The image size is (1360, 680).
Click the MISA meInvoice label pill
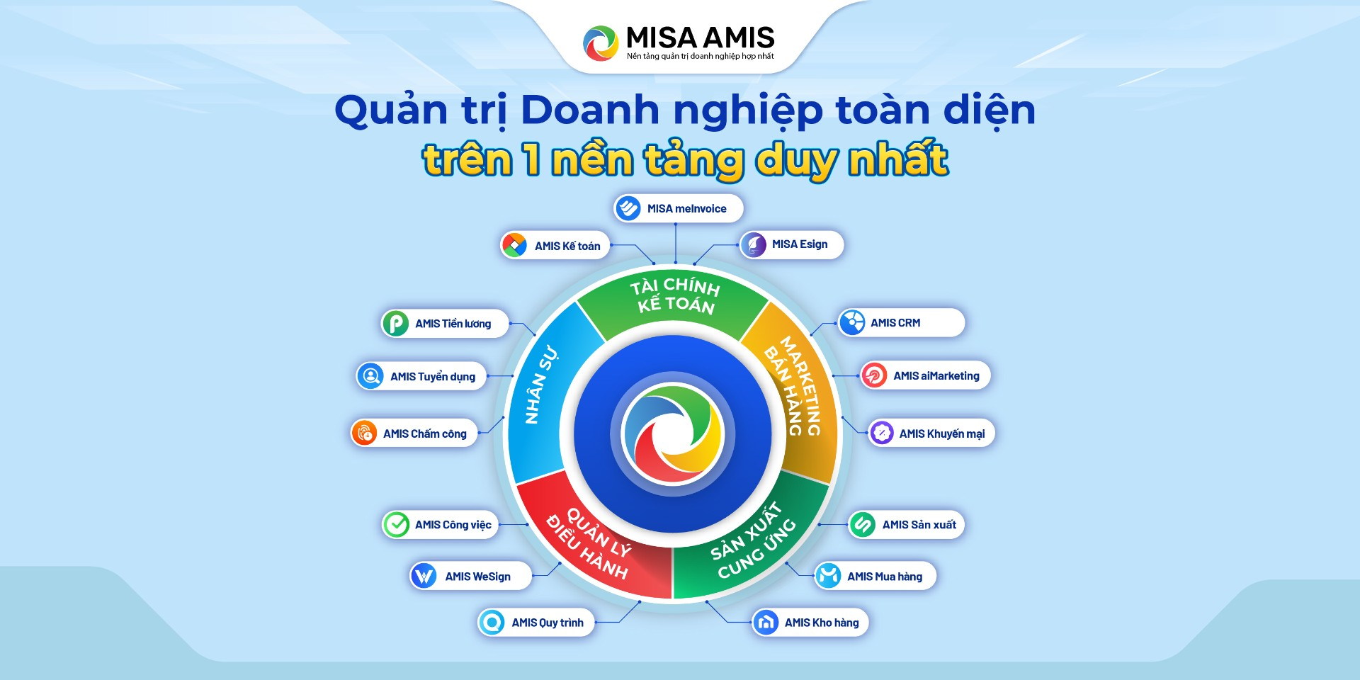(x=678, y=208)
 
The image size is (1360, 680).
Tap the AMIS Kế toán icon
(x=514, y=245)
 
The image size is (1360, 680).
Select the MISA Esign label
(x=799, y=244)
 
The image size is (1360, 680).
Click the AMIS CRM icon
(x=852, y=322)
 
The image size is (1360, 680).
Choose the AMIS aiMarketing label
(x=936, y=376)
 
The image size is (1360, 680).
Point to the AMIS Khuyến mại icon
(x=882, y=433)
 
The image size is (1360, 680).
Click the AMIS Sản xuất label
(x=919, y=525)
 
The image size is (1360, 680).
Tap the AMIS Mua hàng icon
(x=827, y=576)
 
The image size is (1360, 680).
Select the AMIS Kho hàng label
(x=821, y=623)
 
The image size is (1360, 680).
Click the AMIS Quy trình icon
(x=492, y=623)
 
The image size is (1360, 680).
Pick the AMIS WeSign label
(x=477, y=577)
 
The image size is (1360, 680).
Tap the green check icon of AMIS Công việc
(x=396, y=525)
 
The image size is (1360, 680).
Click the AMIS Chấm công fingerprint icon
(x=364, y=433)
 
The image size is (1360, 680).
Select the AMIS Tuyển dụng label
(x=432, y=377)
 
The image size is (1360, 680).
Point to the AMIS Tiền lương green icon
(x=395, y=324)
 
